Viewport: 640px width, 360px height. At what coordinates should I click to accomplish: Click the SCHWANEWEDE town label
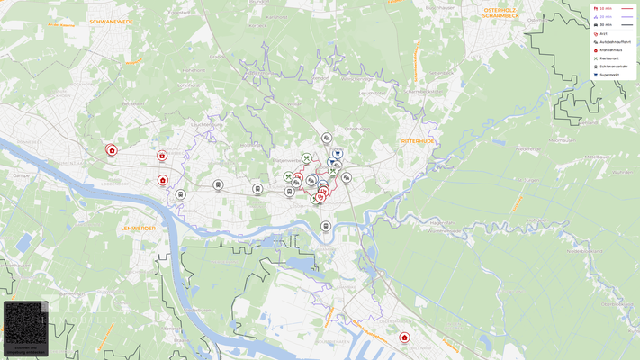click(111, 20)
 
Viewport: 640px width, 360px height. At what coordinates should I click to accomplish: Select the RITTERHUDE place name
click(419, 141)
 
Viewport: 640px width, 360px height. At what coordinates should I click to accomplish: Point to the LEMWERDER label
click(138, 229)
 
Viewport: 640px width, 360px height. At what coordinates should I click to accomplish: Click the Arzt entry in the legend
click(603, 33)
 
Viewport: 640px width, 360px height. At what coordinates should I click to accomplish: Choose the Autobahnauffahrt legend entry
click(615, 41)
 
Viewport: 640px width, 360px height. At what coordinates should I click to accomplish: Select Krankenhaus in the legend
click(610, 50)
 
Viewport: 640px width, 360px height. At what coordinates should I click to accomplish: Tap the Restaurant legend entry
click(608, 58)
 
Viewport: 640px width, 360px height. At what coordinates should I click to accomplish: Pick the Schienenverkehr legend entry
click(613, 67)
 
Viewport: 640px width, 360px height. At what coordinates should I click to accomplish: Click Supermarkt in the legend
click(609, 75)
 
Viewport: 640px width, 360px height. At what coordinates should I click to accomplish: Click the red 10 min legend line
click(626, 8)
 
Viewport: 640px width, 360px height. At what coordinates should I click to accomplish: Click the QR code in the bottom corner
click(25, 323)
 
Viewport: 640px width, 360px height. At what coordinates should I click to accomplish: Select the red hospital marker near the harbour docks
click(404, 337)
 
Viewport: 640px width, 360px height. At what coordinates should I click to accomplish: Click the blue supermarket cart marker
click(338, 154)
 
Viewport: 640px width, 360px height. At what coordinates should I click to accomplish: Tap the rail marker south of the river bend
click(326, 226)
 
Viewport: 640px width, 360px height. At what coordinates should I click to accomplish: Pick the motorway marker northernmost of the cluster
click(327, 138)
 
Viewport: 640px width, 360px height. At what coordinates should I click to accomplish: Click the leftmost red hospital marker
click(112, 150)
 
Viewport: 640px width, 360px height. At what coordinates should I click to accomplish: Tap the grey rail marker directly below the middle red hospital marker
click(180, 194)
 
